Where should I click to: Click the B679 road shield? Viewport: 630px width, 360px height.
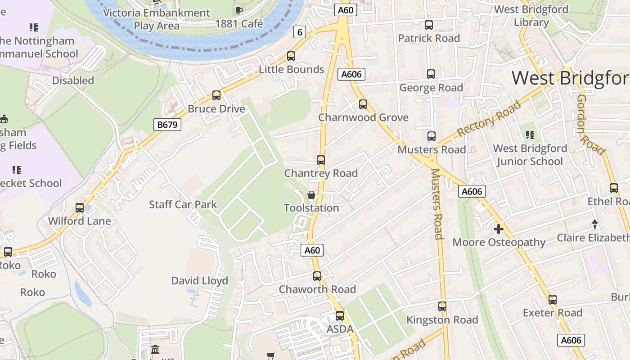167,125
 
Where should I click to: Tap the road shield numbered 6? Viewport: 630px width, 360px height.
300,32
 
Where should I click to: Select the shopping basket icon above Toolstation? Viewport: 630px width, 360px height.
311,195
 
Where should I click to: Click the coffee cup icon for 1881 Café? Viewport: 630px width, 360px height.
239,10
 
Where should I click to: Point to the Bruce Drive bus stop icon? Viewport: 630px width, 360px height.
216,95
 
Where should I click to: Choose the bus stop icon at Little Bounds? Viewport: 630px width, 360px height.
291,56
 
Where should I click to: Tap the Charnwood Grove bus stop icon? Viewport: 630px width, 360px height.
363,104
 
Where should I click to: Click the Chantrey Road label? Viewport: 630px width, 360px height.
321,173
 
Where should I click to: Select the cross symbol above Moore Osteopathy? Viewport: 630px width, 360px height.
499,229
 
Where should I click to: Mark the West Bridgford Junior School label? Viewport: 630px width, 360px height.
530,155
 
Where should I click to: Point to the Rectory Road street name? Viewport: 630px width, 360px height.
489,119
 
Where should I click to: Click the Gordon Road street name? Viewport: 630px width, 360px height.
590,125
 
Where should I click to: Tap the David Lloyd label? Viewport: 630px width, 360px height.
200,281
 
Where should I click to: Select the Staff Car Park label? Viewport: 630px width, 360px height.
183,205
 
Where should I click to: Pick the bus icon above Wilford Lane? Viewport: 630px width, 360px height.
80,208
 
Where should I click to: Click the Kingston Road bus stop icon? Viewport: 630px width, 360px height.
442,306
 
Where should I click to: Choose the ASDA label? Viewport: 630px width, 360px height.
340,329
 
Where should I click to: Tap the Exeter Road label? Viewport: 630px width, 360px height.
552,313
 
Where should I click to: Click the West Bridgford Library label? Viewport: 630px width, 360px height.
531,16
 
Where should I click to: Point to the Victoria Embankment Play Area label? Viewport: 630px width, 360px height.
157,19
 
